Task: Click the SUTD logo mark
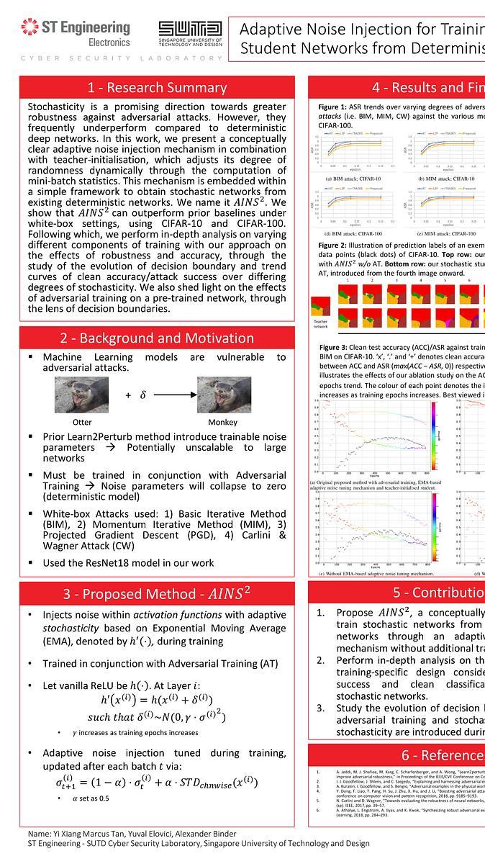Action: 190,28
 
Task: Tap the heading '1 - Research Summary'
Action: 157,88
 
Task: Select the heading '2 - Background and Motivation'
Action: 157,338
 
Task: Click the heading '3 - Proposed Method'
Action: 157,594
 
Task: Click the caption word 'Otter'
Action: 82,423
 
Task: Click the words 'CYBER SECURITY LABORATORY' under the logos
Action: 122,58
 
